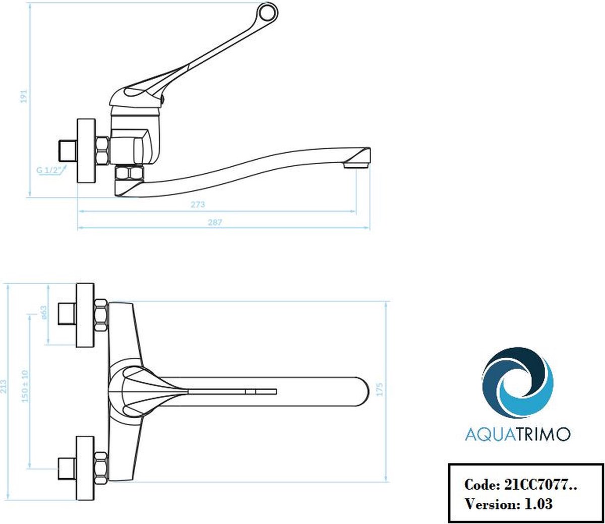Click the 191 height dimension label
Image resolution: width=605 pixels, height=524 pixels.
point(24,96)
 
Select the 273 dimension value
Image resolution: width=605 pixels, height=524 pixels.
point(198,204)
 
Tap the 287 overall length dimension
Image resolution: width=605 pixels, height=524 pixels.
point(215,222)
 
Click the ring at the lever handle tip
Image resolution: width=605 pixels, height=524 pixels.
point(268,12)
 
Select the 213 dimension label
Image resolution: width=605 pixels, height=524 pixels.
point(4,386)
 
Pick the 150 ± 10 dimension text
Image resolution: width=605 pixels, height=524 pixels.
point(25,386)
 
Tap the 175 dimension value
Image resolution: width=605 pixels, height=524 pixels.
point(379,389)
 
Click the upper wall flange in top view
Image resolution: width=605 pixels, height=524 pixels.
point(86,315)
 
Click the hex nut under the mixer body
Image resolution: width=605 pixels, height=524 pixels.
point(130,173)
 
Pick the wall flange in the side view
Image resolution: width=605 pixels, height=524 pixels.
point(86,151)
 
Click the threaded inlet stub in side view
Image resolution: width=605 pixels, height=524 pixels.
point(68,151)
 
